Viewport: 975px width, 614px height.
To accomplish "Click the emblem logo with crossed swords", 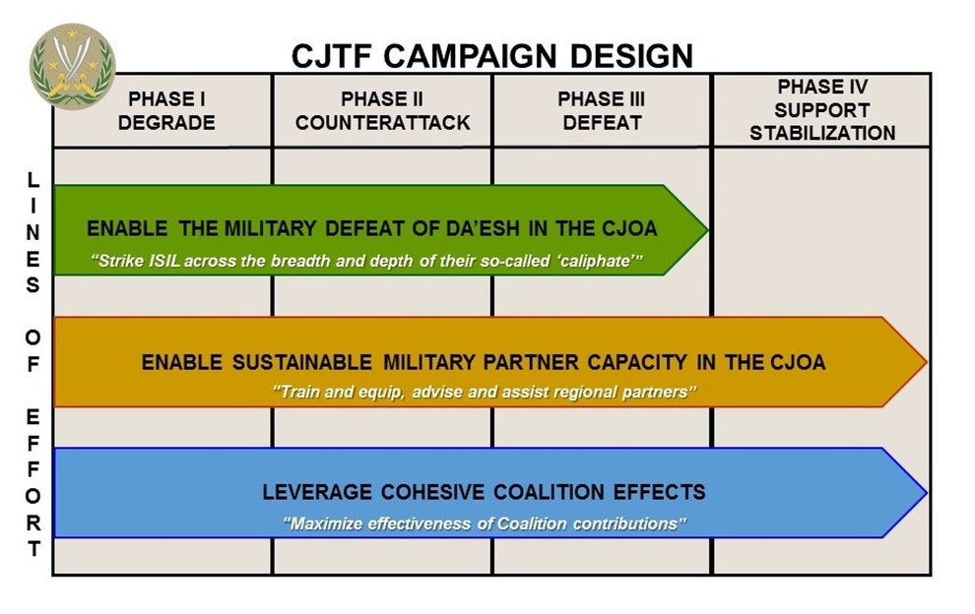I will (x=71, y=66).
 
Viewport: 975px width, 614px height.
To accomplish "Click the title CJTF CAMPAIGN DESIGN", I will (x=491, y=55).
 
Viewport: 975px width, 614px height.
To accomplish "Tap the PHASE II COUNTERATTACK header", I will (x=382, y=111).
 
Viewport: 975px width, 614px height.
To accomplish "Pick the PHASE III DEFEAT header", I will (x=602, y=111).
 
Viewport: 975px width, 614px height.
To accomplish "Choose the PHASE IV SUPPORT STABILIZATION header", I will (x=821, y=110).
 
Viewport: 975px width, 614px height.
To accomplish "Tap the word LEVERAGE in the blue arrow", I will (x=314, y=492).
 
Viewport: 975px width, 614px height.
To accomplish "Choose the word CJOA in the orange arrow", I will (x=794, y=362).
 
